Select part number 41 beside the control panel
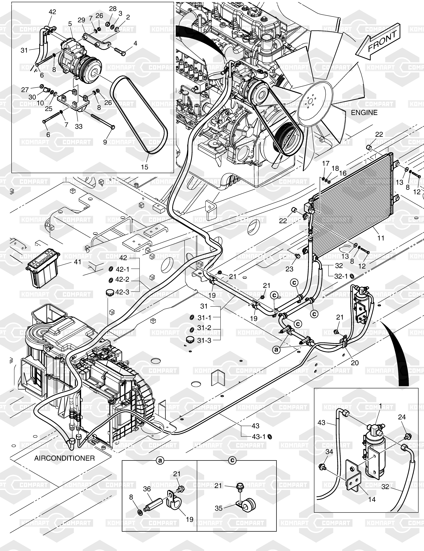click(x=77, y=262)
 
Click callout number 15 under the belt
click(x=145, y=167)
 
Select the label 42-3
click(x=122, y=292)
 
